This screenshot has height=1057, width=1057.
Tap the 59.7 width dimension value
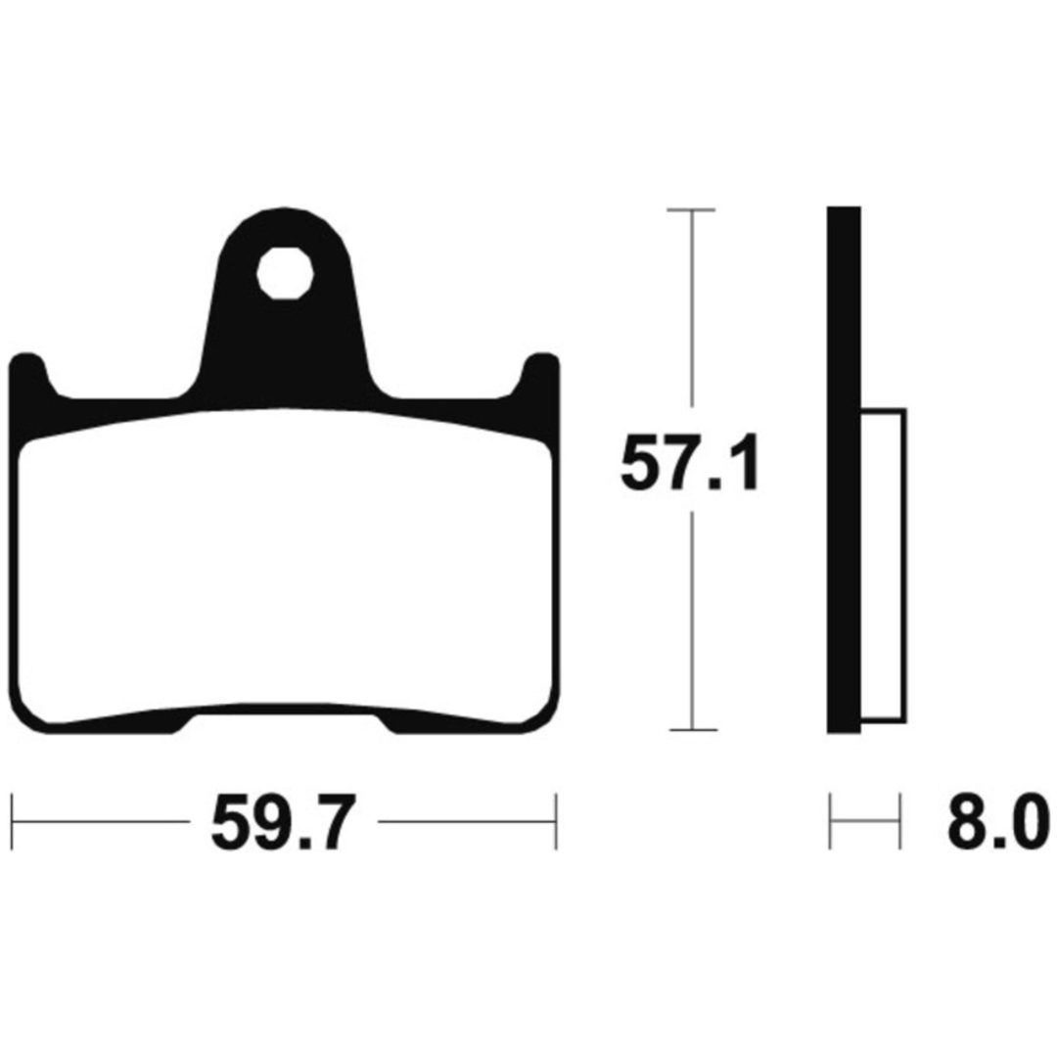pos(283,822)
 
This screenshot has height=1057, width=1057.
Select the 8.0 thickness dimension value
pos(998,822)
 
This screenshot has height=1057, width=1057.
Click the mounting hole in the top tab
pos(285,273)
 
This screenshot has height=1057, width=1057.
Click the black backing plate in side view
pos(844,470)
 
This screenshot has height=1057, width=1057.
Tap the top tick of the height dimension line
pos(691,210)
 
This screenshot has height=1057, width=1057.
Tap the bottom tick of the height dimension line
pos(692,729)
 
